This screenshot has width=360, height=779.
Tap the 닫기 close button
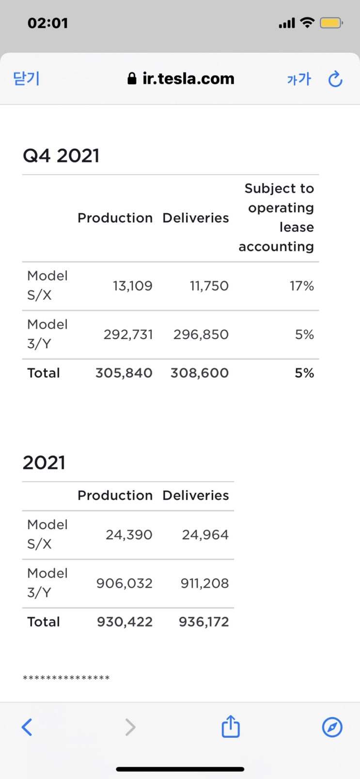[26, 78]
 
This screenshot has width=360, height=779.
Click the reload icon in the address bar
[335, 79]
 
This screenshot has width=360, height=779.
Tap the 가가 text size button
[298, 79]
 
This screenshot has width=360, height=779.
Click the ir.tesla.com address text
[188, 78]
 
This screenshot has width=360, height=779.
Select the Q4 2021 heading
[61, 156]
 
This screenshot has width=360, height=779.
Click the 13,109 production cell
[132, 286]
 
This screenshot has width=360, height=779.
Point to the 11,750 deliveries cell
[209, 286]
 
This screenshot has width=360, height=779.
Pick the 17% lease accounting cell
[302, 286]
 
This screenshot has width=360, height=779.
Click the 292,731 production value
[128, 335]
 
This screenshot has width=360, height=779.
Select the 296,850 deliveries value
[201, 335]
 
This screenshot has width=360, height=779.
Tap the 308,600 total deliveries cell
[199, 373]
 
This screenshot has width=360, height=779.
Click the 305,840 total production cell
[124, 373]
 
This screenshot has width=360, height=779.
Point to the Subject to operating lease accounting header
[277, 218]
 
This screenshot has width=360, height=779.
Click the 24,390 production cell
[129, 535]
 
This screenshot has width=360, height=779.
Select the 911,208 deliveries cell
[204, 583]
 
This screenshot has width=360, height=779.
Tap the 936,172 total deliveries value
[203, 622]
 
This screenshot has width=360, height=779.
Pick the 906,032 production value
[124, 583]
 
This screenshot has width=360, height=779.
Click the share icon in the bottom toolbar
[231, 727]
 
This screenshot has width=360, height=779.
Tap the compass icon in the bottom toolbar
[332, 727]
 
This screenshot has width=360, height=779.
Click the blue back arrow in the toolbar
[27, 727]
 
